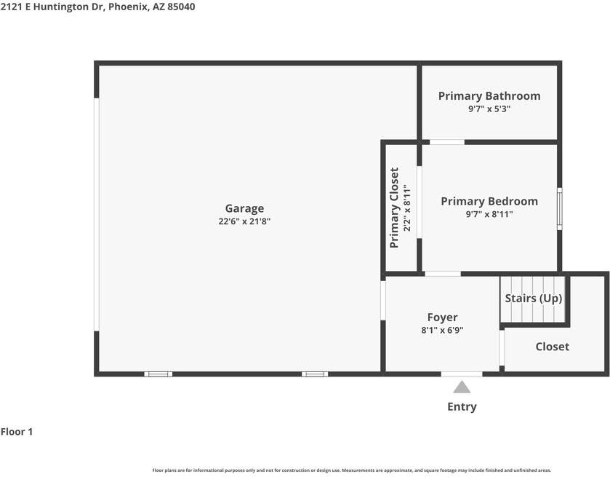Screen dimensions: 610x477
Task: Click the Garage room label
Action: [x=244, y=208]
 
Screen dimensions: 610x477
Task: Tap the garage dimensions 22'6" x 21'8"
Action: [x=244, y=221]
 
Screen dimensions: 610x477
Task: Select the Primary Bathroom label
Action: [x=489, y=96]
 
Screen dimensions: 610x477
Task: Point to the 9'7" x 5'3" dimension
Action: [x=489, y=109]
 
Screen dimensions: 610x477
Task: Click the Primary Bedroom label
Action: [x=489, y=201]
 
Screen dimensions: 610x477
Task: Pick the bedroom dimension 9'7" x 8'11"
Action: [x=489, y=214]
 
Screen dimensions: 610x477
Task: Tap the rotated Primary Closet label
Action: [x=394, y=208]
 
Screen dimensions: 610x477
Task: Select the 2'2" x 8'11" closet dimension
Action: [x=407, y=208]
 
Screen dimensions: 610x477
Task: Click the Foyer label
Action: [x=442, y=318]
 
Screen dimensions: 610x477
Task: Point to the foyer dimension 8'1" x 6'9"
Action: [x=442, y=330]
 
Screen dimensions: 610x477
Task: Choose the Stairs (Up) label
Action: [x=534, y=298]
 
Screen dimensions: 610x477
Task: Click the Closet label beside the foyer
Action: [x=553, y=347]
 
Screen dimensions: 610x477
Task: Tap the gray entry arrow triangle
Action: [x=462, y=387]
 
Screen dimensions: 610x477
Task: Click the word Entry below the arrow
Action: [x=462, y=406]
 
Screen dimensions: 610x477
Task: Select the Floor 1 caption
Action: [x=17, y=432]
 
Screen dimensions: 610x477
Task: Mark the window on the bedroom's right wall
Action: [x=559, y=209]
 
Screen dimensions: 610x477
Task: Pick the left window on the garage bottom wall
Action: [x=158, y=374]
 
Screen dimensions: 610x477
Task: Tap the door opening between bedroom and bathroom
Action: [x=447, y=142]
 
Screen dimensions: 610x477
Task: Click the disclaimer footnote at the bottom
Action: [x=352, y=470]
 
